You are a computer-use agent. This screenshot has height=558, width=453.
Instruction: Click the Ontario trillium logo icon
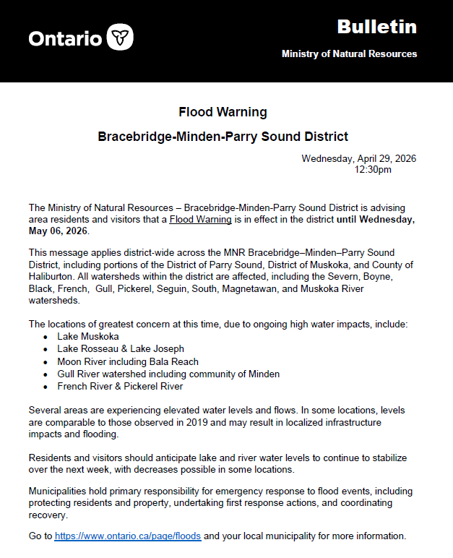point(120,37)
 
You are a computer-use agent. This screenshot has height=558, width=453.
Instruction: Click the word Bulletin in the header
point(376,27)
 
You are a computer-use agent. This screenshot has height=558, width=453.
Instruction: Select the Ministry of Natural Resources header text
point(349,54)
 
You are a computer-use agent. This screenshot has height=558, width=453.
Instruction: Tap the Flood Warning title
point(223,112)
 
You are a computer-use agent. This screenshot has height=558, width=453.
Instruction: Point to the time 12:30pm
point(373,169)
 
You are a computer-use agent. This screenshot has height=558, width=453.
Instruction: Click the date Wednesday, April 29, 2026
point(358,158)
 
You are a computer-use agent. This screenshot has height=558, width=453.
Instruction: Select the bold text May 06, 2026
point(58,231)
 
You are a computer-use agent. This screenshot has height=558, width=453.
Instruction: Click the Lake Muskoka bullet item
point(88,336)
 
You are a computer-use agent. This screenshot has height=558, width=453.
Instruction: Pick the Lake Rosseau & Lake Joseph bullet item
point(121,348)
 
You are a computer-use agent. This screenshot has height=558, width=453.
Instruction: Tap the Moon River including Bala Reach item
point(128,361)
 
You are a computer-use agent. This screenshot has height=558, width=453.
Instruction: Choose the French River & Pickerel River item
point(120,386)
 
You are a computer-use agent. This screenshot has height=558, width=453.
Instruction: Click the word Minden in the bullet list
point(262,374)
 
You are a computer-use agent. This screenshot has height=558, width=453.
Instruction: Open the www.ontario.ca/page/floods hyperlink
point(128,536)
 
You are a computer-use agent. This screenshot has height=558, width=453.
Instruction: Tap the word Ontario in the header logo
point(65,38)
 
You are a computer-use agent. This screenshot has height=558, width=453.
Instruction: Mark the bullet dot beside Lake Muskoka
point(46,337)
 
